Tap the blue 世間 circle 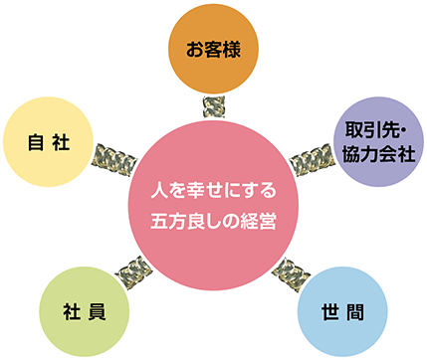click(x=341, y=311)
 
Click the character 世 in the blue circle click(x=328, y=311)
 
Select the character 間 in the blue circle click(x=354, y=311)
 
